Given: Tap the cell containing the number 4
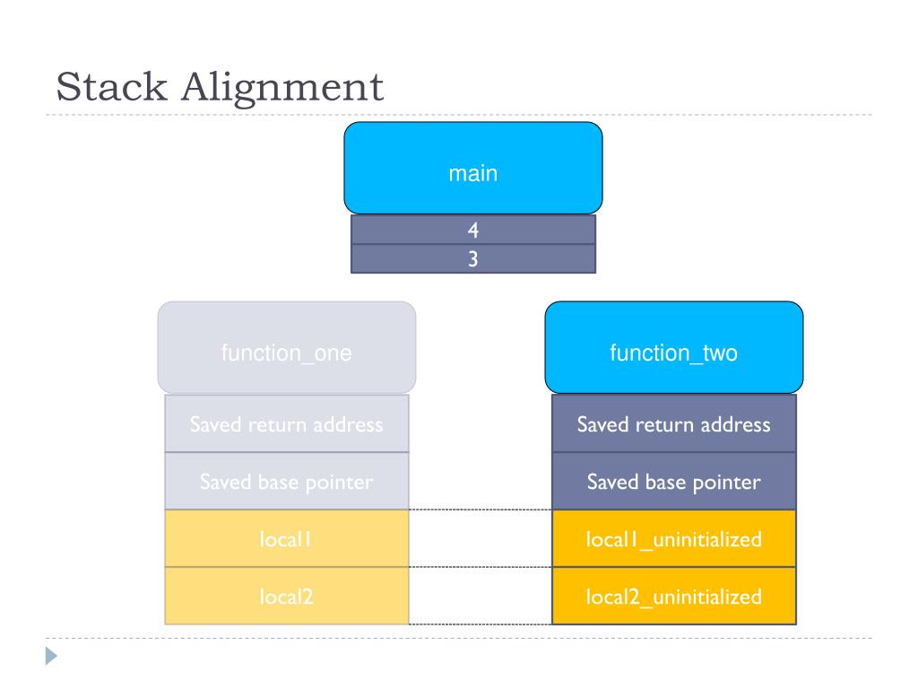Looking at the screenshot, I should (x=472, y=230).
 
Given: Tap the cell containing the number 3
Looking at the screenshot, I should (x=472, y=258).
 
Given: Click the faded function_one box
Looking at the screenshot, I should (x=286, y=348).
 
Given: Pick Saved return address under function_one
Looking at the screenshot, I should (x=286, y=424).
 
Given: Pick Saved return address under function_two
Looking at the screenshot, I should (x=673, y=424).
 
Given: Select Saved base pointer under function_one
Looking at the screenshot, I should (x=286, y=482).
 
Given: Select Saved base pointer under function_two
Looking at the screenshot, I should (x=673, y=482).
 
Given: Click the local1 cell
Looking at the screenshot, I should (x=286, y=539).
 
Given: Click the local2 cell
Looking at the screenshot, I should (x=286, y=596).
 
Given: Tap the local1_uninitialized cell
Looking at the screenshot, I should (x=673, y=539).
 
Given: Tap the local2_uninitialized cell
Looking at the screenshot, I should (x=673, y=596).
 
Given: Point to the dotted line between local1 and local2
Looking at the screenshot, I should (x=480, y=567).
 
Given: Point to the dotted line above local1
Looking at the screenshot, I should (x=480, y=510).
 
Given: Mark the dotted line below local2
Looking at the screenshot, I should (x=480, y=624).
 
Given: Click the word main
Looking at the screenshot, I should (x=472, y=174).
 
